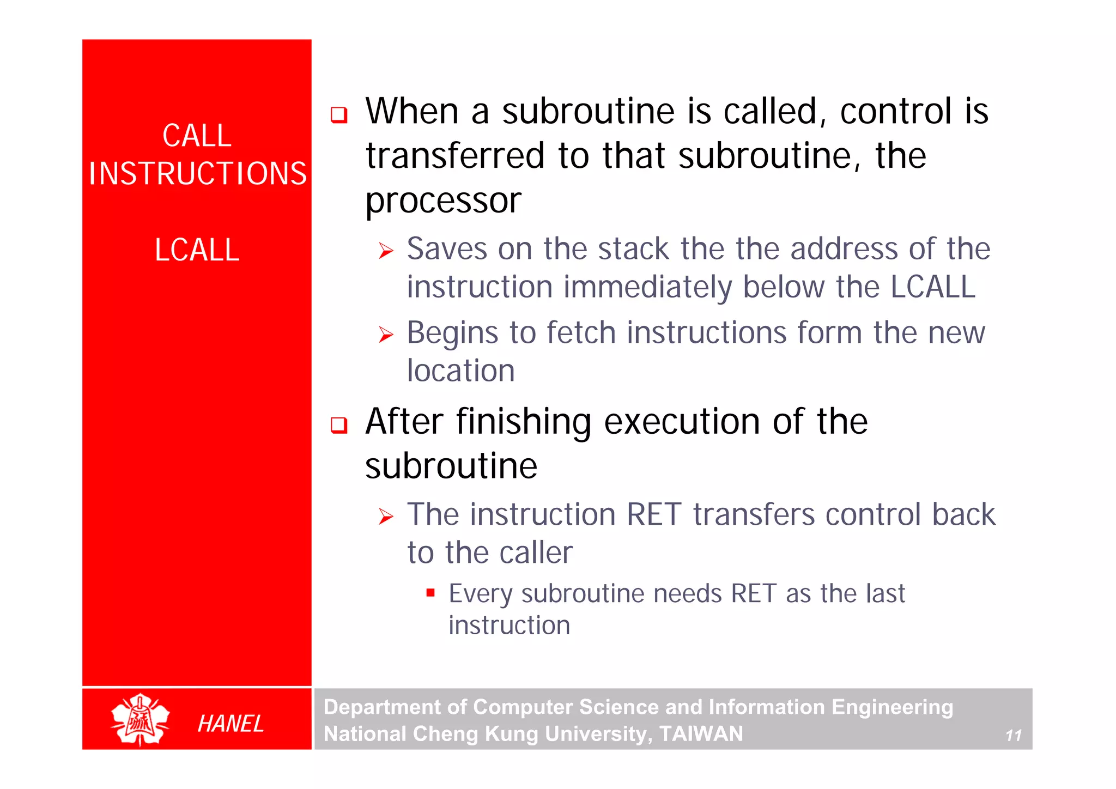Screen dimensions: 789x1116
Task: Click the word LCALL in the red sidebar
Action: click(x=197, y=250)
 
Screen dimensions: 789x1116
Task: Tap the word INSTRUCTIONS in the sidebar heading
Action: click(x=198, y=174)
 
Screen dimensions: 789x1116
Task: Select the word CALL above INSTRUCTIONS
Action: click(x=197, y=136)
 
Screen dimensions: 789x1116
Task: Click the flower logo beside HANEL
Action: click(x=140, y=719)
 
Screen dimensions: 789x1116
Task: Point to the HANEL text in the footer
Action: click(x=231, y=724)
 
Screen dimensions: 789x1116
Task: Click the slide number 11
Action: click(x=1013, y=736)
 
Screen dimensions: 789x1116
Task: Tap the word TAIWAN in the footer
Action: click(x=701, y=734)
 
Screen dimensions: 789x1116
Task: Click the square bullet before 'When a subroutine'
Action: click(x=339, y=115)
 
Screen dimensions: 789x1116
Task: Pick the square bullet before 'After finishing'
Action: click(x=339, y=425)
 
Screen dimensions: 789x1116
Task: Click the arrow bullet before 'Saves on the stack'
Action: click(x=386, y=251)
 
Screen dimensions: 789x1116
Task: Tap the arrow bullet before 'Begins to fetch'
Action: click(x=386, y=335)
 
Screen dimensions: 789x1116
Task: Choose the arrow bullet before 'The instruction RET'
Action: click(x=386, y=516)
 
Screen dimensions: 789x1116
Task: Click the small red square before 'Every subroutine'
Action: click(x=430, y=593)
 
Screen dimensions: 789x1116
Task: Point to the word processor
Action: click(x=443, y=201)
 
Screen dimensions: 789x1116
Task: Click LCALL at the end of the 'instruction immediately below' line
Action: click(x=932, y=287)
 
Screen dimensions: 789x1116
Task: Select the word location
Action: click(x=461, y=371)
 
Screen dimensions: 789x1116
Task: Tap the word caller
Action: click(x=536, y=553)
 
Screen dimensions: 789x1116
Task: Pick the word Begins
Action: click(x=452, y=333)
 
